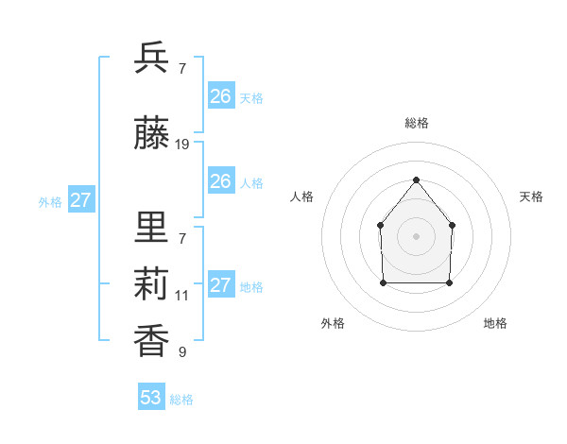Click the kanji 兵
[x=151, y=59]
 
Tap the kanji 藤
[x=151, y=134]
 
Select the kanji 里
[x=151, y=228]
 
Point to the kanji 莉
[x=151, y=284]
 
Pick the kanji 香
[x=151, y=341]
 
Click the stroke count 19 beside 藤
[x=182, y=145]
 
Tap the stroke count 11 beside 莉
[x=182, y=296]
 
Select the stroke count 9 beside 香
[x=182, y=352]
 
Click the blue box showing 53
[x=151, y=398]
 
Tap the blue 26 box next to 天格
[x=221, y=96]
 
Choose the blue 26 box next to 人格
[x=221, y=181]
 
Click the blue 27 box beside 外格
[x=80, y=200]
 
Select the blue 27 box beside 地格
[x=221, y=285]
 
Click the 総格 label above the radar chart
[x=416, y=123]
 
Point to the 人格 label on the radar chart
[x=302, y=196]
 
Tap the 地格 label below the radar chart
[x=495, y=324]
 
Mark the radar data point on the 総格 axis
[x=416, y=179]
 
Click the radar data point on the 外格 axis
[x=383, y=282]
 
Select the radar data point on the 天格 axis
[x=452, y=225]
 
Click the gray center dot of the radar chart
[x=416, y=236]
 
